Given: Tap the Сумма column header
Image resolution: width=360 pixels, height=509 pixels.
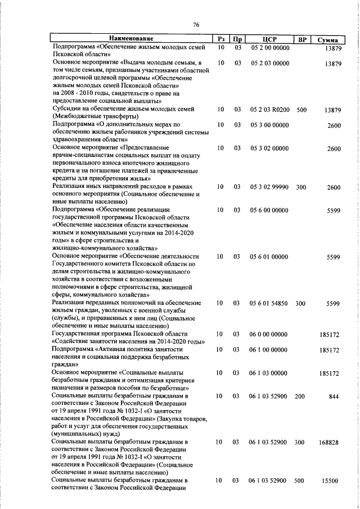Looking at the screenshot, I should (x=328, y=39).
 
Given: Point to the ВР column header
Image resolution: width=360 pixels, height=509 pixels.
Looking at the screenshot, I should (x=303, y=39).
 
